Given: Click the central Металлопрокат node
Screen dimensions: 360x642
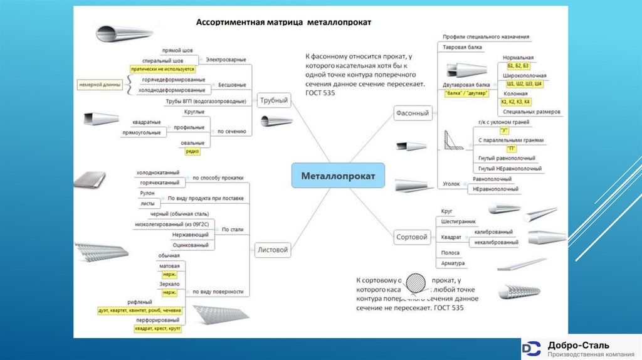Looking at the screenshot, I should (x=338, y=176).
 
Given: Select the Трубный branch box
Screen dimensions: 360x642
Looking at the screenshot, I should (x=273, y=100).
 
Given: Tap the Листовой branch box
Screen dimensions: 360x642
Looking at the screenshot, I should (x=273, y=250).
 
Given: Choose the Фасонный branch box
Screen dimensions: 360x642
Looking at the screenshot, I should (x=413, y=113).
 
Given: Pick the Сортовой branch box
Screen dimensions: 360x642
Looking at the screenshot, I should (x=412, y=237).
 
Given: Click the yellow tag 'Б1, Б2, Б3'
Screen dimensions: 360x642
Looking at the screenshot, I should (x=518, y=66).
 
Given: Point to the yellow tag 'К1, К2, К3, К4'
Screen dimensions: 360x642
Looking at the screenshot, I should (x=515, y=102).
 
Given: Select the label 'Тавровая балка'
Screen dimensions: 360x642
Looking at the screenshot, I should (x=463, y=47).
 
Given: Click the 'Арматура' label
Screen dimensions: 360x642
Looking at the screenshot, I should (x=452, y=263).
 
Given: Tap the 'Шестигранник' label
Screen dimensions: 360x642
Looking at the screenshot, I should (x=459, y=221).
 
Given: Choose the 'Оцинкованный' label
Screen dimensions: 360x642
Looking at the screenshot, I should (x=190, y=245).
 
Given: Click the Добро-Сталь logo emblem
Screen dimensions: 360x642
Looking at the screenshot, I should (x=532, y=348).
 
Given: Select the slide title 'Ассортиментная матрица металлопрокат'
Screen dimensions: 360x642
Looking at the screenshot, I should (x=284, y=22).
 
